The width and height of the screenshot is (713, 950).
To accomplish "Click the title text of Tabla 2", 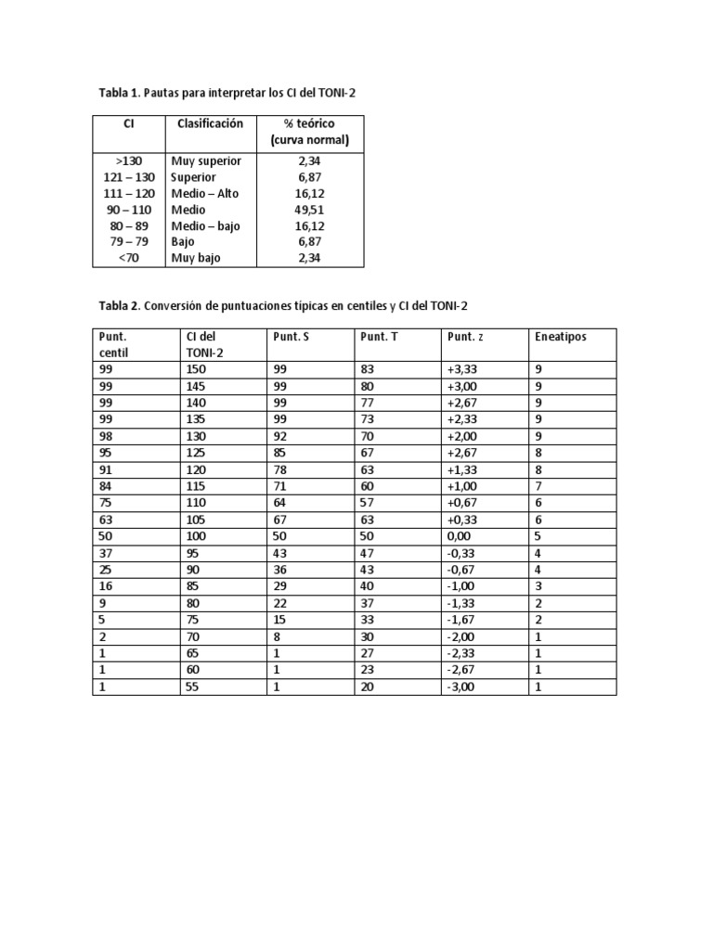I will [x=290, y=305].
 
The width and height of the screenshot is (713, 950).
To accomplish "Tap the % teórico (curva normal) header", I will [x=309, y=132].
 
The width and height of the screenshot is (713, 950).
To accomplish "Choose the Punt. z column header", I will [x=465, y=336].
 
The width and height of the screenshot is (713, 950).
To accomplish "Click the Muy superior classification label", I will [x=205, y=160].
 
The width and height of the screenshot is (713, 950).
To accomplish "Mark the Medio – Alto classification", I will [x=204, y=193].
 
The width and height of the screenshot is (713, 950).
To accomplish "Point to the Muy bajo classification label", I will [x=195, y=259].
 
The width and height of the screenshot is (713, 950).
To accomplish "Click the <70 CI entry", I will [x=128, y=259].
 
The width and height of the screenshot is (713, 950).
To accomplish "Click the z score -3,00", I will [x=461, y=687].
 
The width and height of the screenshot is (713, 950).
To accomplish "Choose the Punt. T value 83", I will [x=368, y=369].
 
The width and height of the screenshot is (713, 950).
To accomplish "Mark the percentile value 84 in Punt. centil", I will [x=104, y=487].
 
